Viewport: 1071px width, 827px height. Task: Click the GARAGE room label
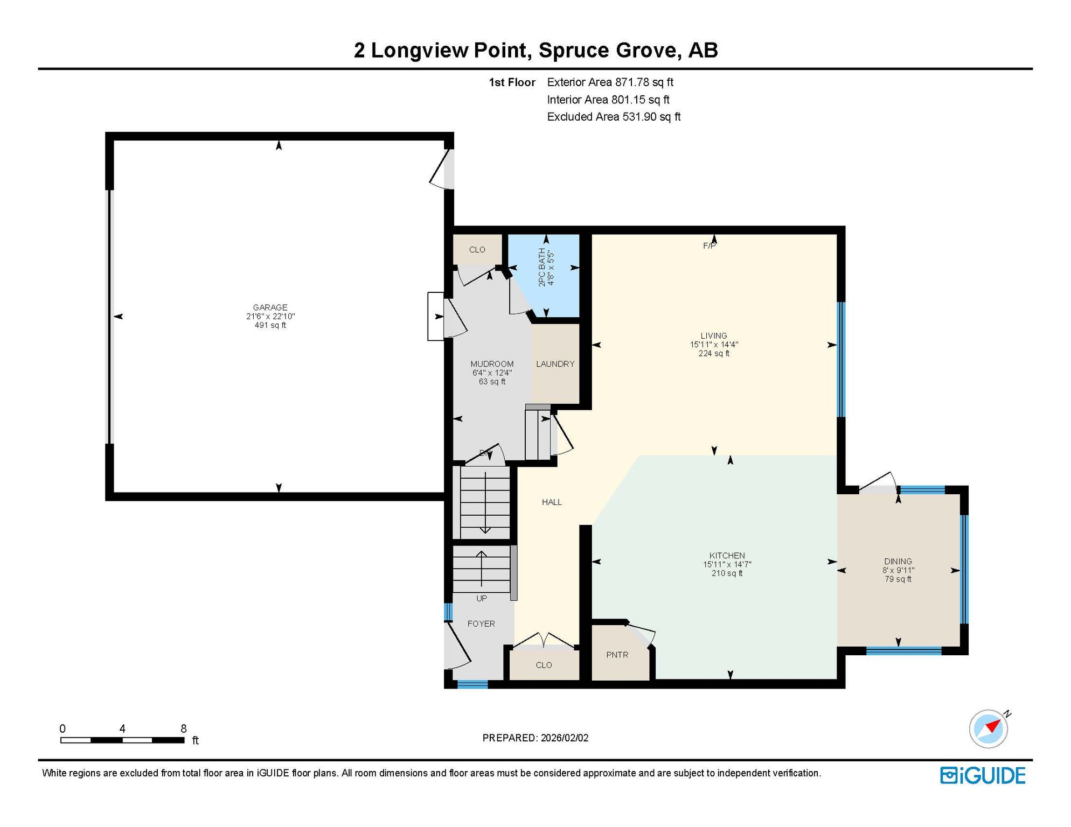point(270,307)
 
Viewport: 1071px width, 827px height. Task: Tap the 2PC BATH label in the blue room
point(542,267)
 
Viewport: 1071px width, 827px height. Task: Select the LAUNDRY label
point(555,364)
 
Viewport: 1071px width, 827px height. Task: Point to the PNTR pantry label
point(617,655)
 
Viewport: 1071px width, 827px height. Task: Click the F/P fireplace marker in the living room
point(710,246)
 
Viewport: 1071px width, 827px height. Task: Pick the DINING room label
point(898,561)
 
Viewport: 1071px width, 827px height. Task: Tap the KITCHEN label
point(727,555)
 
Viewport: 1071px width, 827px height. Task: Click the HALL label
point(552,502)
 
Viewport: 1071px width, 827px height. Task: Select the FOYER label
point(481,623)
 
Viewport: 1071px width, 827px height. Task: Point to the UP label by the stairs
point(481,598)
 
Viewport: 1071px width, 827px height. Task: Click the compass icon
point(989,729)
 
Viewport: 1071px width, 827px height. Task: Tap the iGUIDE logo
point(983,775)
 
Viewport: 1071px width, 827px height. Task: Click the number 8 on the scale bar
point(183,728)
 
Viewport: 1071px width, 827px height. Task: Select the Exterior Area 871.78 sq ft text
point(610,82)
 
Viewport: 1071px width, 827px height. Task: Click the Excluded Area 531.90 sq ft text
point(614,117)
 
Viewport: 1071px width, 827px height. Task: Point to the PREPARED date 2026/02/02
point(565,738)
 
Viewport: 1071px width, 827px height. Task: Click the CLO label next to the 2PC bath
point(477,249)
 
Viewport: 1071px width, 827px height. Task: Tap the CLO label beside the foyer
point(544,665)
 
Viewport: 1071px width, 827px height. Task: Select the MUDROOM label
point(492,364)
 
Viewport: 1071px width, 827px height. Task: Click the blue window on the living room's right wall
point(840,360)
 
